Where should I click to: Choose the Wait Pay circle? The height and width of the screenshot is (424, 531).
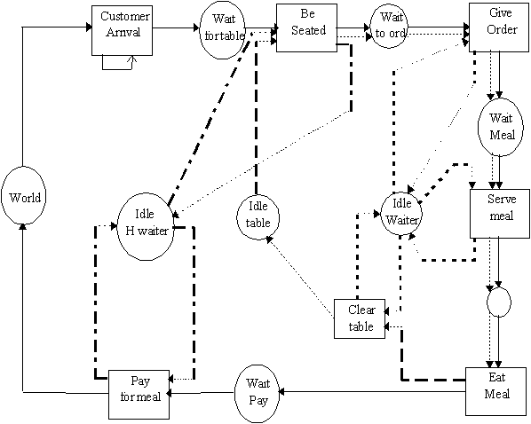point(258,391)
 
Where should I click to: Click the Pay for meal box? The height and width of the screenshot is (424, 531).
point(139,390)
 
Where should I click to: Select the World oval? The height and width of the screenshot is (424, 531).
point(25,197)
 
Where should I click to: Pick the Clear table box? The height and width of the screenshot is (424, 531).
point(359,319)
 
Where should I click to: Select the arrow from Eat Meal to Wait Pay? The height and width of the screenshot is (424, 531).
point(373,391)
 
